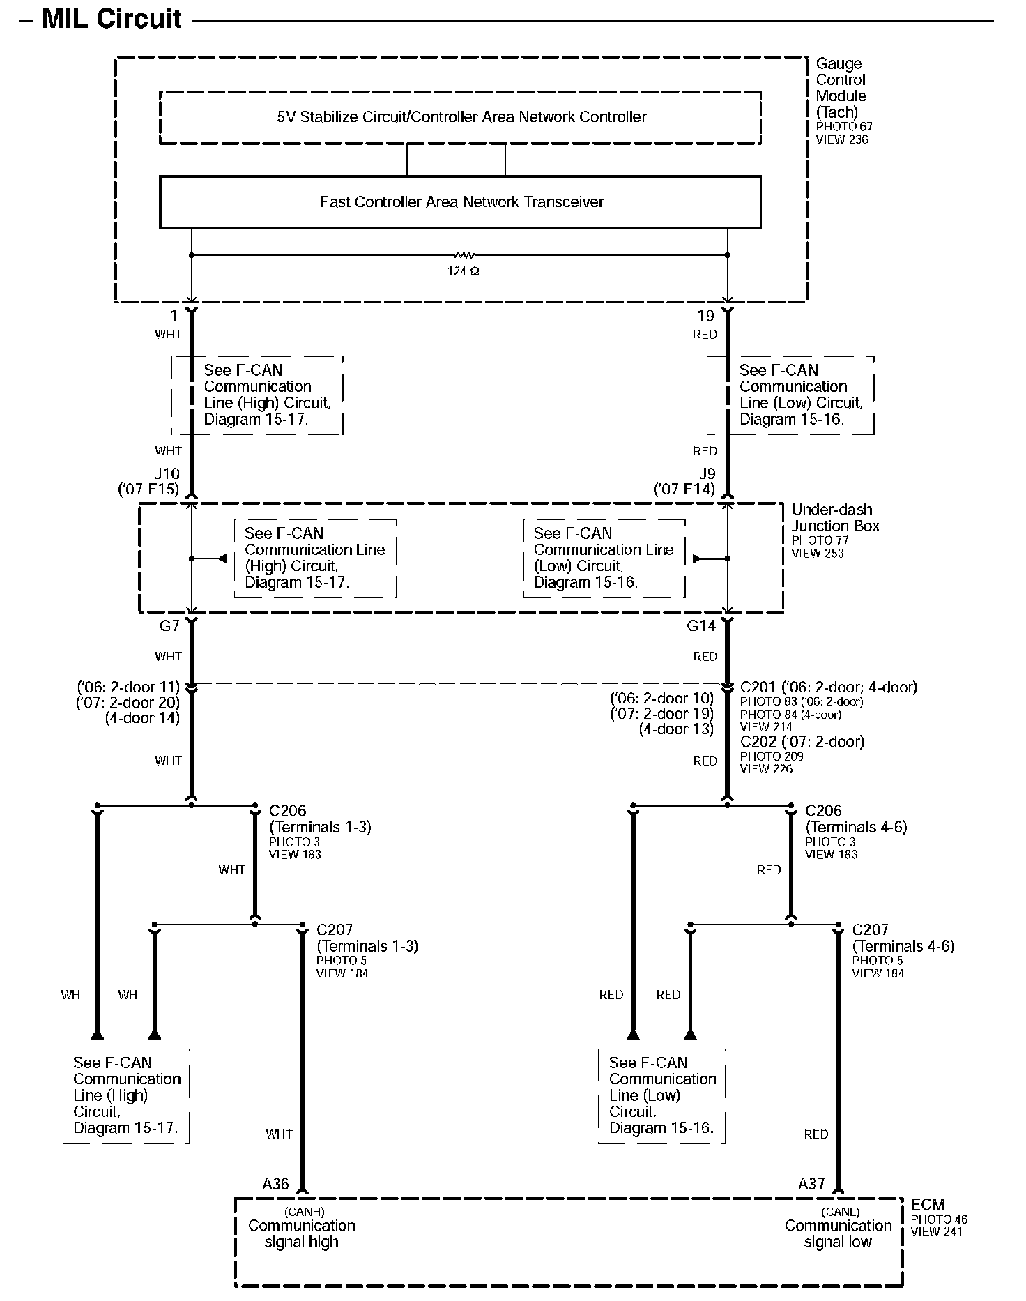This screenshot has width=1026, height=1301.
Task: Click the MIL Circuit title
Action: pos(112,19)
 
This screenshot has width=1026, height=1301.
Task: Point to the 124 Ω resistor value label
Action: pos(463,271)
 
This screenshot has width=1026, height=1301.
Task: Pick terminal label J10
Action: pos(167,474)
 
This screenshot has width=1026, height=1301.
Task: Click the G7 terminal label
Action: pos(169,626)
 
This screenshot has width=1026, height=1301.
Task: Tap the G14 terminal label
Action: pos(701,626)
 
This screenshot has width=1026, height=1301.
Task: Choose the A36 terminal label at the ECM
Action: pos(275,1184)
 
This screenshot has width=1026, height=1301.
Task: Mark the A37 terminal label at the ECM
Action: pos(811,1184)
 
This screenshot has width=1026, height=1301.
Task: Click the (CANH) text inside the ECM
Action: pos(304,1212)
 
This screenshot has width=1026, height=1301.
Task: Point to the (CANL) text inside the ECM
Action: pos(840,1212)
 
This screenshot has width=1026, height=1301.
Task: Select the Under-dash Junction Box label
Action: pos(835,518)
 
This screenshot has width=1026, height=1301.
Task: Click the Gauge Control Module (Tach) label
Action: pos(841,88)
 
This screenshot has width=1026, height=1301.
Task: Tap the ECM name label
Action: pos(928,1204)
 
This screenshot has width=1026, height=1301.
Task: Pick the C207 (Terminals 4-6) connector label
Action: pos(903,938)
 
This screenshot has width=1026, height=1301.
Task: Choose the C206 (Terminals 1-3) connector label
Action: pos(319,819)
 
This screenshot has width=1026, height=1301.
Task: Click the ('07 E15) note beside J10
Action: pos(148,489)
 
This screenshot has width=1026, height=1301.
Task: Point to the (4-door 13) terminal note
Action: pos(675,729)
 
